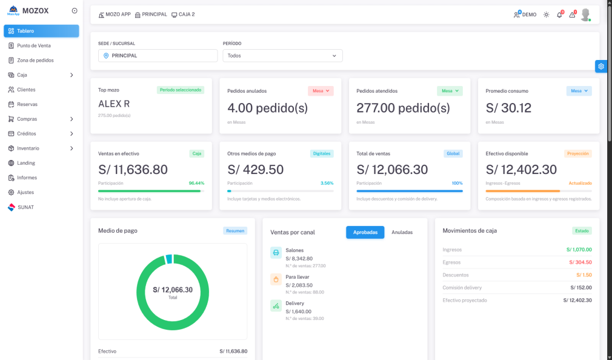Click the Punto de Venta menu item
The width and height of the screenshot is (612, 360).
pos(33,45)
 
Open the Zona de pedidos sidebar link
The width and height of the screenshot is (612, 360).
pos(35,60)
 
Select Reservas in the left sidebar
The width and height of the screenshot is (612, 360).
pos(27,104)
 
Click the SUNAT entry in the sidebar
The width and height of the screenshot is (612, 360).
pos(25,207)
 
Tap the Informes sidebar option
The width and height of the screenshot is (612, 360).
pos(27,178)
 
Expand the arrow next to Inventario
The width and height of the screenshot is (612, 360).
pos(72,148)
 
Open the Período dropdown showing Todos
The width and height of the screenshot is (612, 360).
pos(282,56)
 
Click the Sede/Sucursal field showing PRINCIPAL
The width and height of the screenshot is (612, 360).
pos(158,56)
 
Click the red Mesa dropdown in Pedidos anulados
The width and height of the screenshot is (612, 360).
pos(321,91)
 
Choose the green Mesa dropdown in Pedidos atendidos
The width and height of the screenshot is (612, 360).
pos(450,91)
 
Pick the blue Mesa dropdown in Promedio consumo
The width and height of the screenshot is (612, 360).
pos(579,91)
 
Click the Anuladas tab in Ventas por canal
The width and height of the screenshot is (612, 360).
pos(402,232)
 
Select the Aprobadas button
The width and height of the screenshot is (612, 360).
pos(365,232)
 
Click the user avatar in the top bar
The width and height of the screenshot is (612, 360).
pos(585,15)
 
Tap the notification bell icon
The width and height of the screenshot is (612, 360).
pos(559,15)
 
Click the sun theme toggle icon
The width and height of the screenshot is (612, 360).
pos(546,15)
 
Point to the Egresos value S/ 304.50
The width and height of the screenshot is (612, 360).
pos(580,262)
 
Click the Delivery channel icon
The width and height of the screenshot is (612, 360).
pos(276,306)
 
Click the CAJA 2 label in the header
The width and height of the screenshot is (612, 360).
pos(183,15)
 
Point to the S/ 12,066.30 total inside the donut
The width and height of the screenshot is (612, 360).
pos(173,290)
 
